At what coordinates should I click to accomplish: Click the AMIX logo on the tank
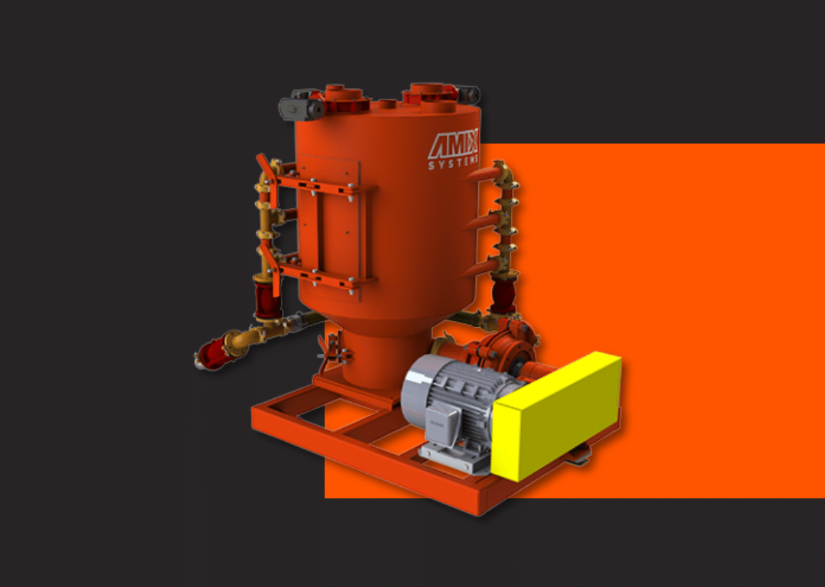454,146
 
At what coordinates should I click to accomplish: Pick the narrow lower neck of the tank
371,359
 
